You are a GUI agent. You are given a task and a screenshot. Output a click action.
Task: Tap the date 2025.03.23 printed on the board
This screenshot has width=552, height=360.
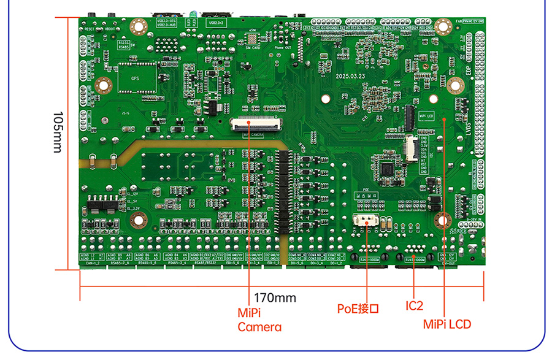(350, 77)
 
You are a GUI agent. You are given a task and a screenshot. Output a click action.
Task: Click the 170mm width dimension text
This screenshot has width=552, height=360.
(275, 298)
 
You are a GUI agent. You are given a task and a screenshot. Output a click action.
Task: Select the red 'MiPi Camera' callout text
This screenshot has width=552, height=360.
(259, 320)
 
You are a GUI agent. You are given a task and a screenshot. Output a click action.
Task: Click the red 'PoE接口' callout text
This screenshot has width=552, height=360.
(358, 308)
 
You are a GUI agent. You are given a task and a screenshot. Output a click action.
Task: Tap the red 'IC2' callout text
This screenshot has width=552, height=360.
(415, 305)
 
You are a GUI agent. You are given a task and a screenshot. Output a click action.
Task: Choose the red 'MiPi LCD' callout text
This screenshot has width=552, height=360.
(447, 323)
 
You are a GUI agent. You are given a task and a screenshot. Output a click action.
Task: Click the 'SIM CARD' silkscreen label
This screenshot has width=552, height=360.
(253, 46)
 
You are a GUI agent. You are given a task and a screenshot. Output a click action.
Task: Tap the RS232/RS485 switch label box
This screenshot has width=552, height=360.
(124, 44)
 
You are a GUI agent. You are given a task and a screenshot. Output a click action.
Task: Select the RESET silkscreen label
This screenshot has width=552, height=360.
(90, 29)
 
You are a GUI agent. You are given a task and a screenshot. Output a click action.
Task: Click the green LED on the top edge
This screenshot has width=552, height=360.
(191, 13)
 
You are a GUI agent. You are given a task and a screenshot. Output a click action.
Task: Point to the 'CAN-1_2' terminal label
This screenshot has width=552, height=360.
(93, 266)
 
